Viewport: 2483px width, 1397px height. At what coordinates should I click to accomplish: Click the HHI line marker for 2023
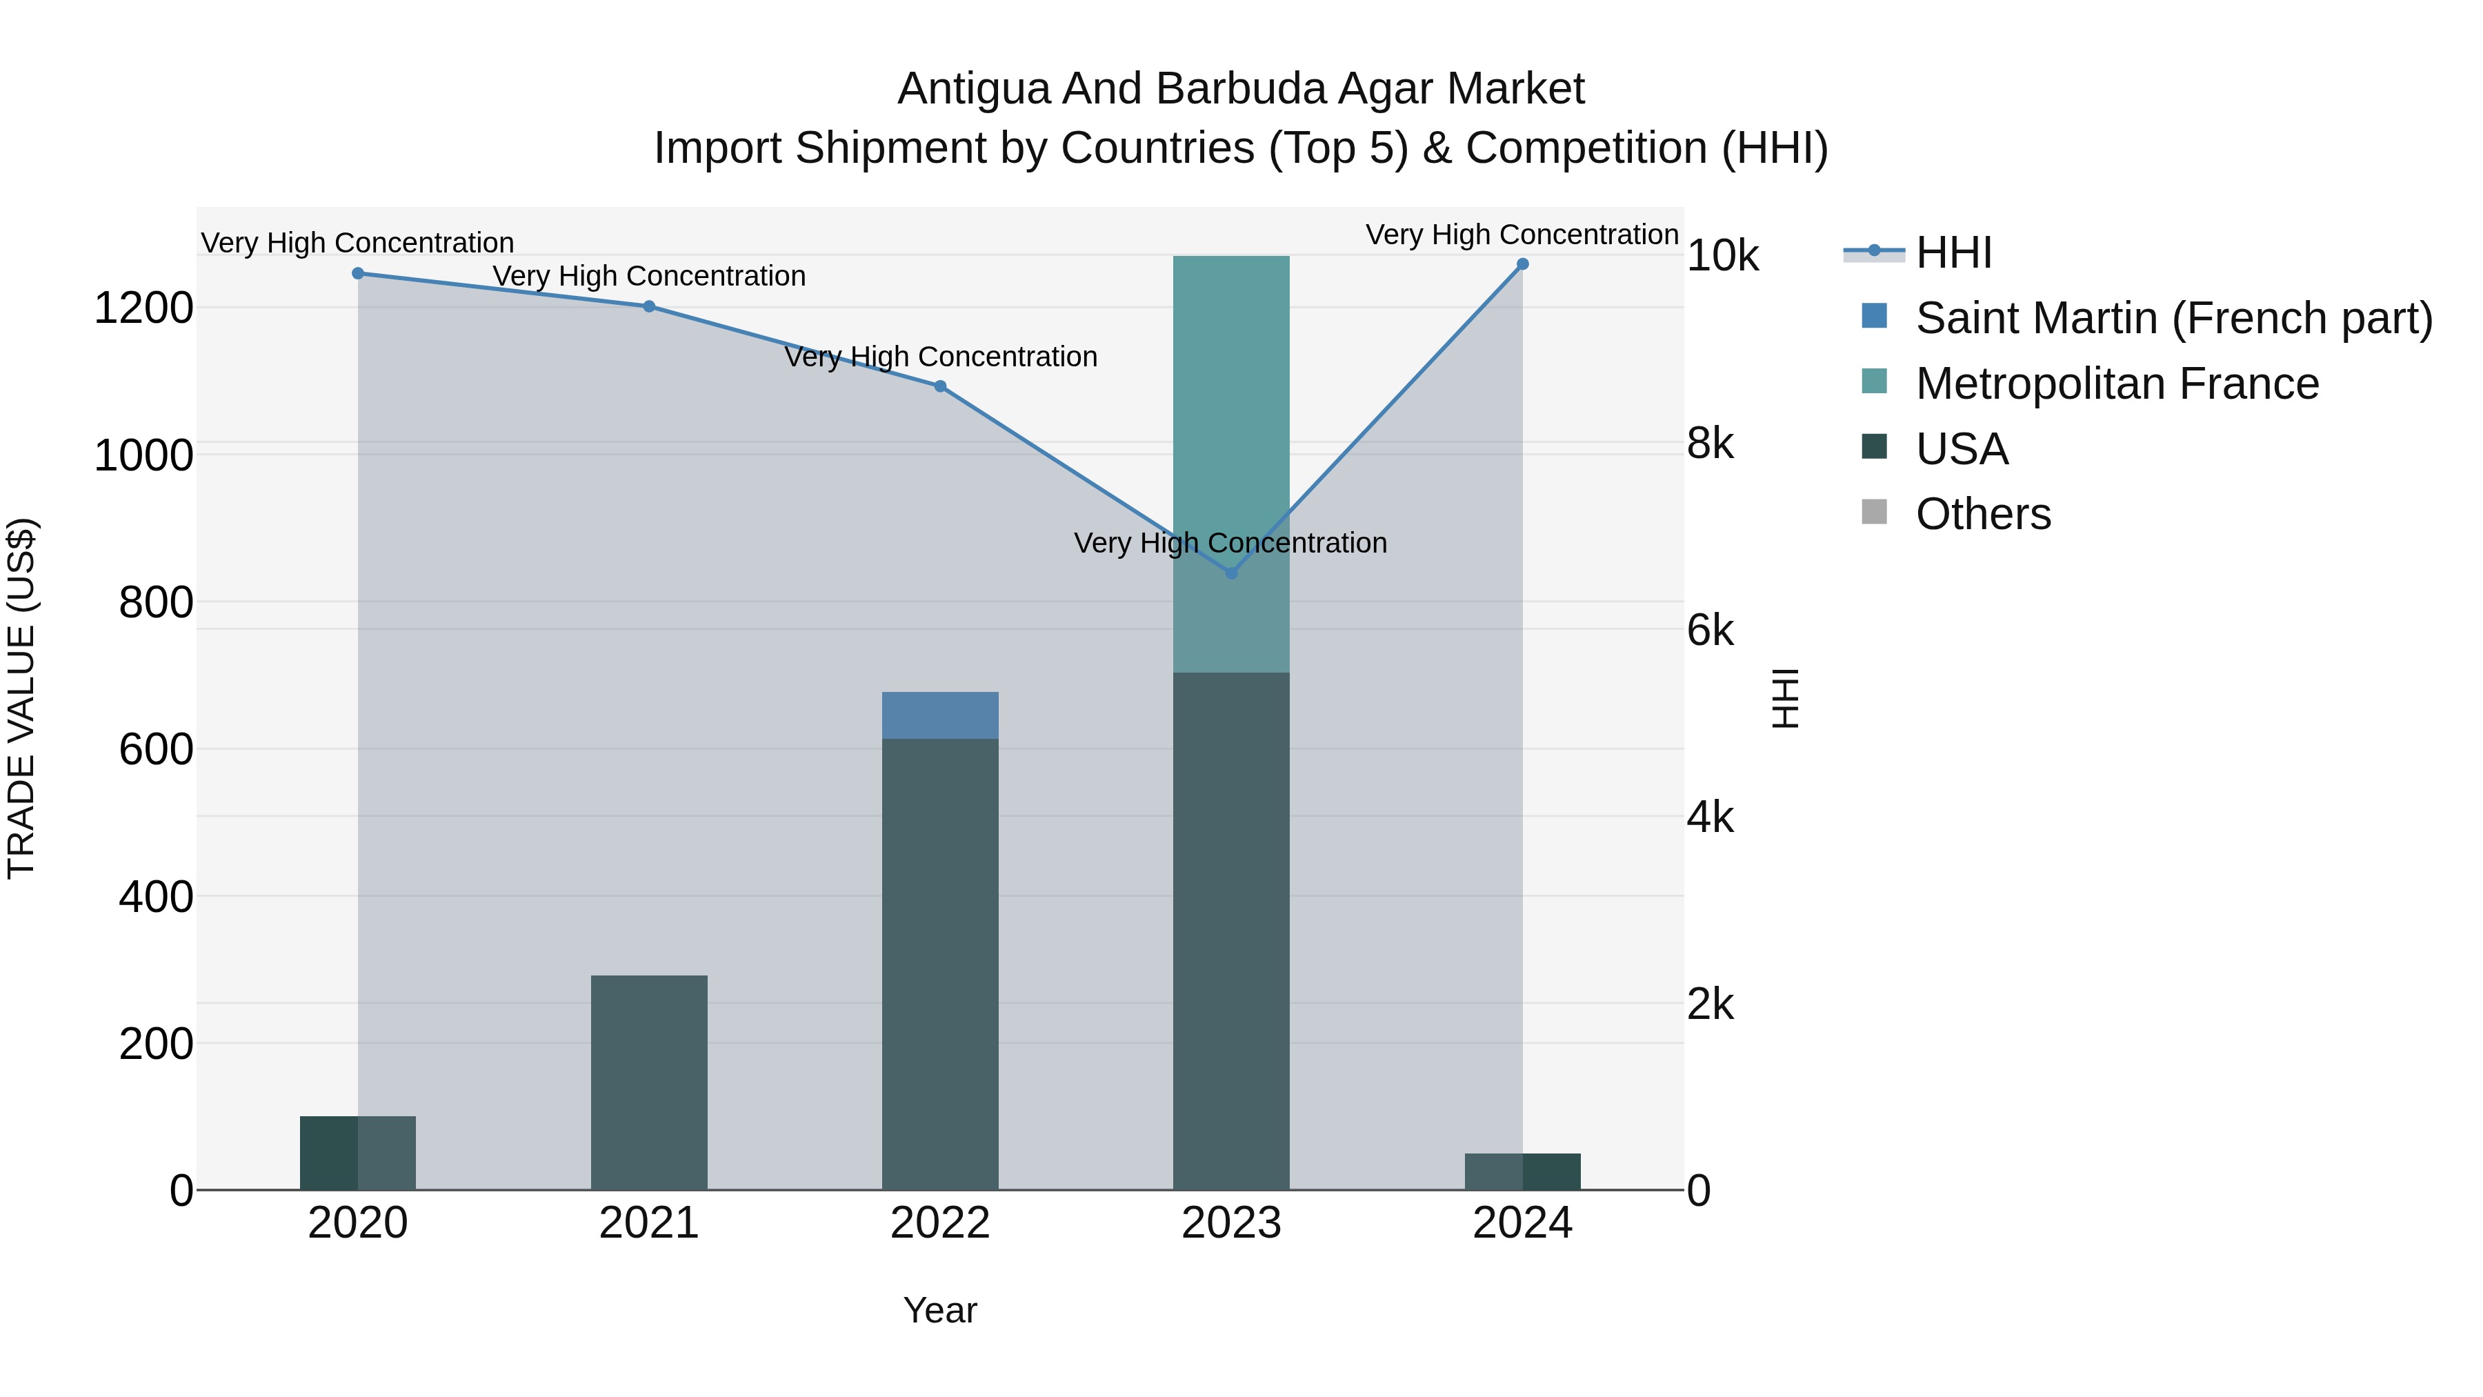click(1231, 573)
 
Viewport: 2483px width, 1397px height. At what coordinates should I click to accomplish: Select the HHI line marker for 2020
click(357, 273)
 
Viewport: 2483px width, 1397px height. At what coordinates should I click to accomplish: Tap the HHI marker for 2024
click(1522, 264)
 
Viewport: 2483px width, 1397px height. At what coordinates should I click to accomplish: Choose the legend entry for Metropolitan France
click(2116, 384)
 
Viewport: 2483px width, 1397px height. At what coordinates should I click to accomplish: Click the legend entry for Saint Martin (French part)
click(2173, 318)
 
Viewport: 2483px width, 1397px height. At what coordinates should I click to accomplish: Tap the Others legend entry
click(1983, 514)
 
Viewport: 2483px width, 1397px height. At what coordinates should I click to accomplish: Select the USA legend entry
click(1962, 449)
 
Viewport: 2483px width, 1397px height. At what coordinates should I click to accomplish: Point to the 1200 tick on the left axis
click(143, 308)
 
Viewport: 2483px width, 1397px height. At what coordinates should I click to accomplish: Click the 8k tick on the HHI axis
click(1710, 444)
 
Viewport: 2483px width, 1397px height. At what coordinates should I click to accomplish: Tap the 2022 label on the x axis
click(940, 1223)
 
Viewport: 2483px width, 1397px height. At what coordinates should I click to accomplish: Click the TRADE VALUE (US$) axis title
click(21, 698)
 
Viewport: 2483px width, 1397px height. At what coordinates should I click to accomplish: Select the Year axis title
click(940, 1310)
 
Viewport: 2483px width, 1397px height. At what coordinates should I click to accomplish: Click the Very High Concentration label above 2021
click(649, 276)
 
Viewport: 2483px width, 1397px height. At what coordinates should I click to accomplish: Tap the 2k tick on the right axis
click(1710, 1004)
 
